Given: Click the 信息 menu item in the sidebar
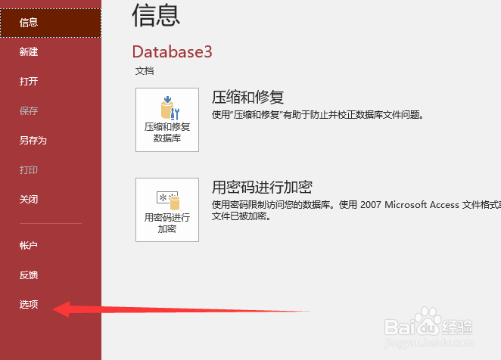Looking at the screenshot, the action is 29,23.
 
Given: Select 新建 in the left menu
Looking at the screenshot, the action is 29,51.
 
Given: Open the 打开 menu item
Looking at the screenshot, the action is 29,81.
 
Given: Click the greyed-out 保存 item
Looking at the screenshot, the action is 29,111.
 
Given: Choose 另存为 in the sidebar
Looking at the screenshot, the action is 33,140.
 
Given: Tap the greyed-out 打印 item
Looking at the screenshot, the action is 29,169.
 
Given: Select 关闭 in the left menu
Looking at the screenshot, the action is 29,200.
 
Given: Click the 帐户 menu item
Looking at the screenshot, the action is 29,245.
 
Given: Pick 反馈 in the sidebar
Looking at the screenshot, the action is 29,275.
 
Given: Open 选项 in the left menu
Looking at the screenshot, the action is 29,305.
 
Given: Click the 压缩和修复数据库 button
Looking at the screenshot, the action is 167,119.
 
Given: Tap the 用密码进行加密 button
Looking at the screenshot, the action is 167,209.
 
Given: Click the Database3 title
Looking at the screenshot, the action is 173,51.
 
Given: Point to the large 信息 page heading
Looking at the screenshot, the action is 156,15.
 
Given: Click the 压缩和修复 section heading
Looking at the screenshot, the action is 248,97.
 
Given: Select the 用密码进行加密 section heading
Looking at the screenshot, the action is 263,188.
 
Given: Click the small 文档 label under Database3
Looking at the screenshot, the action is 145,71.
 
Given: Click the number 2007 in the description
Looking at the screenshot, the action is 371,204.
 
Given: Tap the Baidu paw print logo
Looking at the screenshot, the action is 428,321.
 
